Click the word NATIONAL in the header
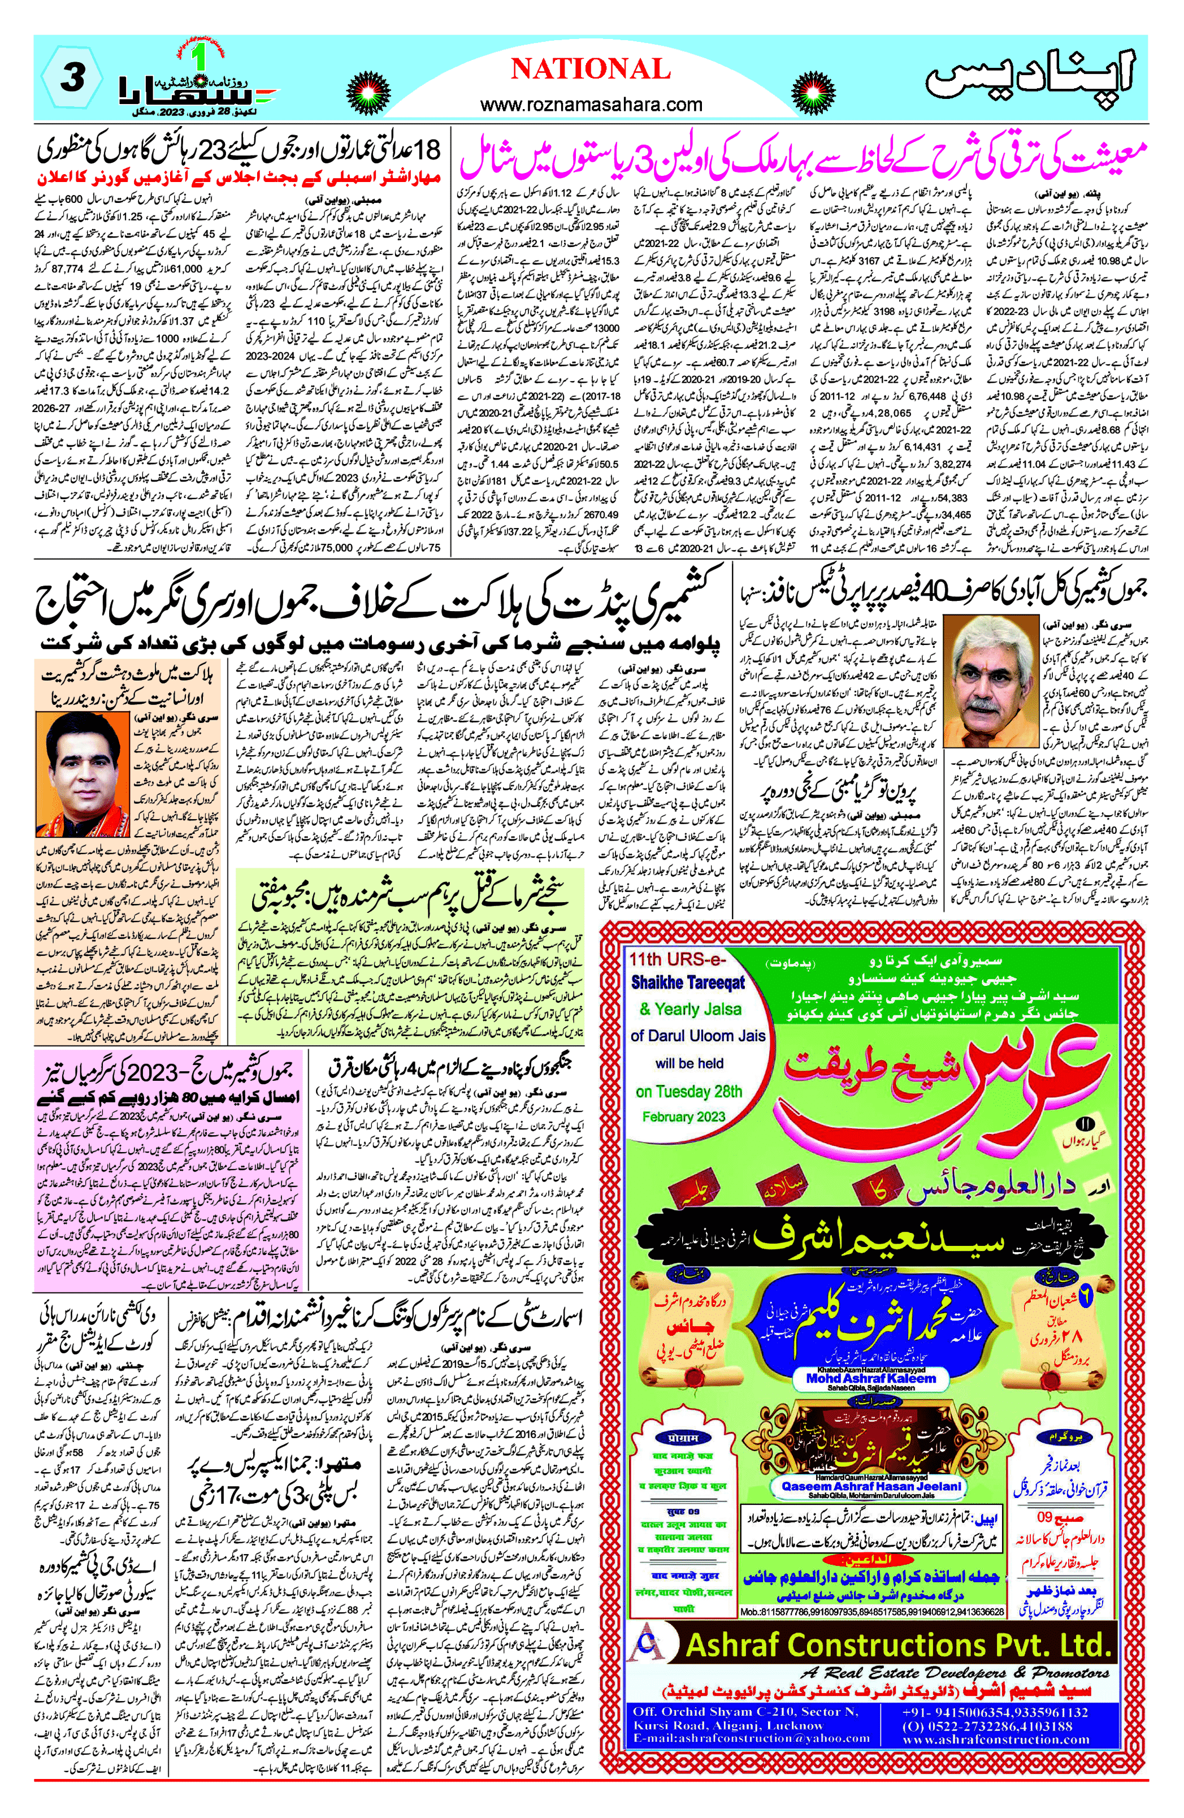(591, 70)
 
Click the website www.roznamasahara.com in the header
(591, 104)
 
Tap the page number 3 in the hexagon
(72, 78)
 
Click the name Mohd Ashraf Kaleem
(871, 1379)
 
